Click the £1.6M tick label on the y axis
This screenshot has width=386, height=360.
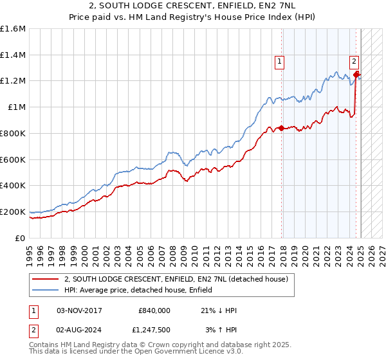click(x=13, y=29)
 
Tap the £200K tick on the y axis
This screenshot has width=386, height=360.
click(x=13, y=212)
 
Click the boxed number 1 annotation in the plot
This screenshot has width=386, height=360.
click(x=280, y=62)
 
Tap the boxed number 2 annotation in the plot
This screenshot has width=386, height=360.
click(x=354, y=62)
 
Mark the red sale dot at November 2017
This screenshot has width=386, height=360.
click(x=281, y=128)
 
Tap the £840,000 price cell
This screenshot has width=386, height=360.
click(x=154, y=310)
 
